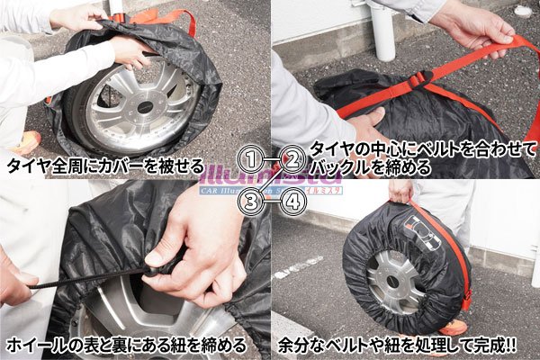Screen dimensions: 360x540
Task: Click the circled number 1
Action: coord(255,161)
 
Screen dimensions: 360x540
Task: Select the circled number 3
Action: coord(255,200)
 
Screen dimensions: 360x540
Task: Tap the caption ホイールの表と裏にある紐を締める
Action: coord(125,345)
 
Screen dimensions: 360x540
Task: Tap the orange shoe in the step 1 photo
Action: coord(27,142)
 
